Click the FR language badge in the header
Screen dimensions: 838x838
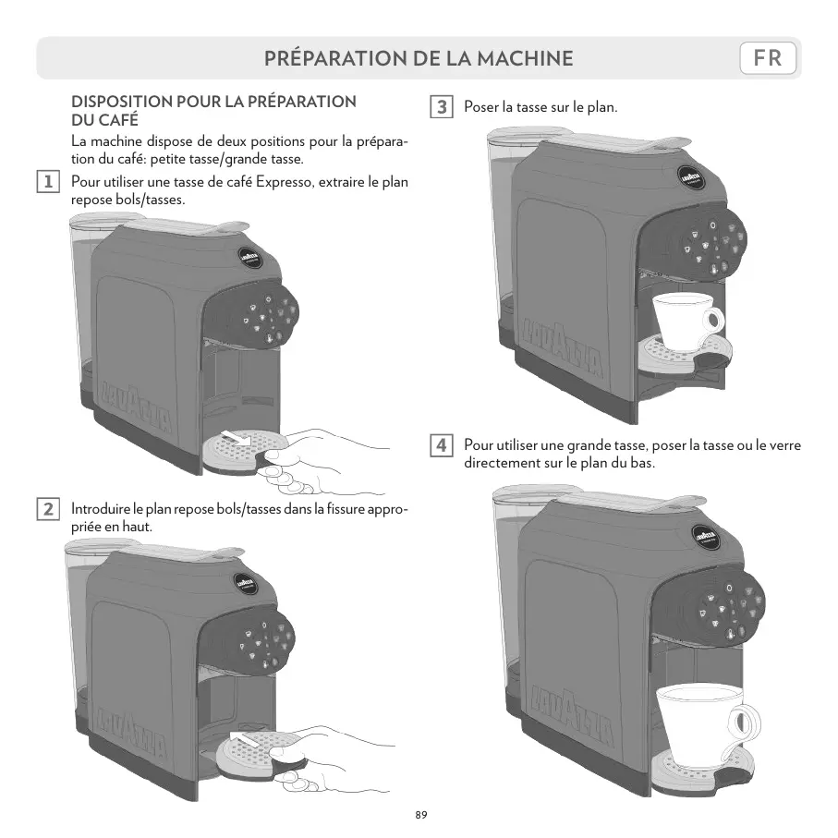click(768, 59)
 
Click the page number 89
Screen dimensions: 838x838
click(420, 815)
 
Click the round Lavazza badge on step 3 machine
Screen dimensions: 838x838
click(695, 177)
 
